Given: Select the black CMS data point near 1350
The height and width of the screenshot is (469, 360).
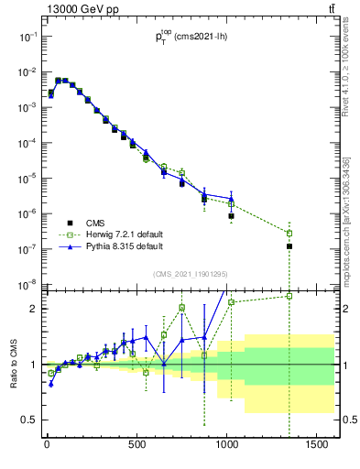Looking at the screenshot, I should (x=289, y=246).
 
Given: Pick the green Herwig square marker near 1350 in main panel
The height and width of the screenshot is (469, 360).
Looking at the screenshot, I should (x=289, y=233).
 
